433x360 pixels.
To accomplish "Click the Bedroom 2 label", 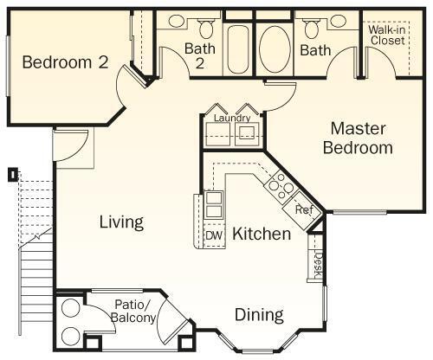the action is tap(65, 62).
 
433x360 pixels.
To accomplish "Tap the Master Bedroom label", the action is tap(358, 138).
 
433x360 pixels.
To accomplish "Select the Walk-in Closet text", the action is tap(387, 35).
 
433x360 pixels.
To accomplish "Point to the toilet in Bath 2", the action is tap(206, 29).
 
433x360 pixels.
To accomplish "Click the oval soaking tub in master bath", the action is tap(275, 48).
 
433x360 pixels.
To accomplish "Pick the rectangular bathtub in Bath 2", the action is tap(238, 49).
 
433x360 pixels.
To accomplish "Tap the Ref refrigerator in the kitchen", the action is tap(302, 210).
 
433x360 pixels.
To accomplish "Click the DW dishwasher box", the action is tap(214, 235).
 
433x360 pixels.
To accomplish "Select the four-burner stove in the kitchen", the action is tap(279, 186).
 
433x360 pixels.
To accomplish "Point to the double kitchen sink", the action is tap(213, 204).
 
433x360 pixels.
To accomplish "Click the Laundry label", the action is tap(232, 118).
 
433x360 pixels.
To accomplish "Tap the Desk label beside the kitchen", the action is tap(318, 265).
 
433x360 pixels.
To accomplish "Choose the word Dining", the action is tap(259, 315).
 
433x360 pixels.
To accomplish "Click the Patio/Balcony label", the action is tap(133, 311).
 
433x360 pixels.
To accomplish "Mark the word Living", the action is tap(121, 222).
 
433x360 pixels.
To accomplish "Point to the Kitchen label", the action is tap(262, 234).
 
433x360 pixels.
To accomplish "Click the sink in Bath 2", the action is tap(177, 21).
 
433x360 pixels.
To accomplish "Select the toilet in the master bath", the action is tap(311, 29).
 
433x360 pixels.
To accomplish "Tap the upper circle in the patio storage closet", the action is tap(71, 308).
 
